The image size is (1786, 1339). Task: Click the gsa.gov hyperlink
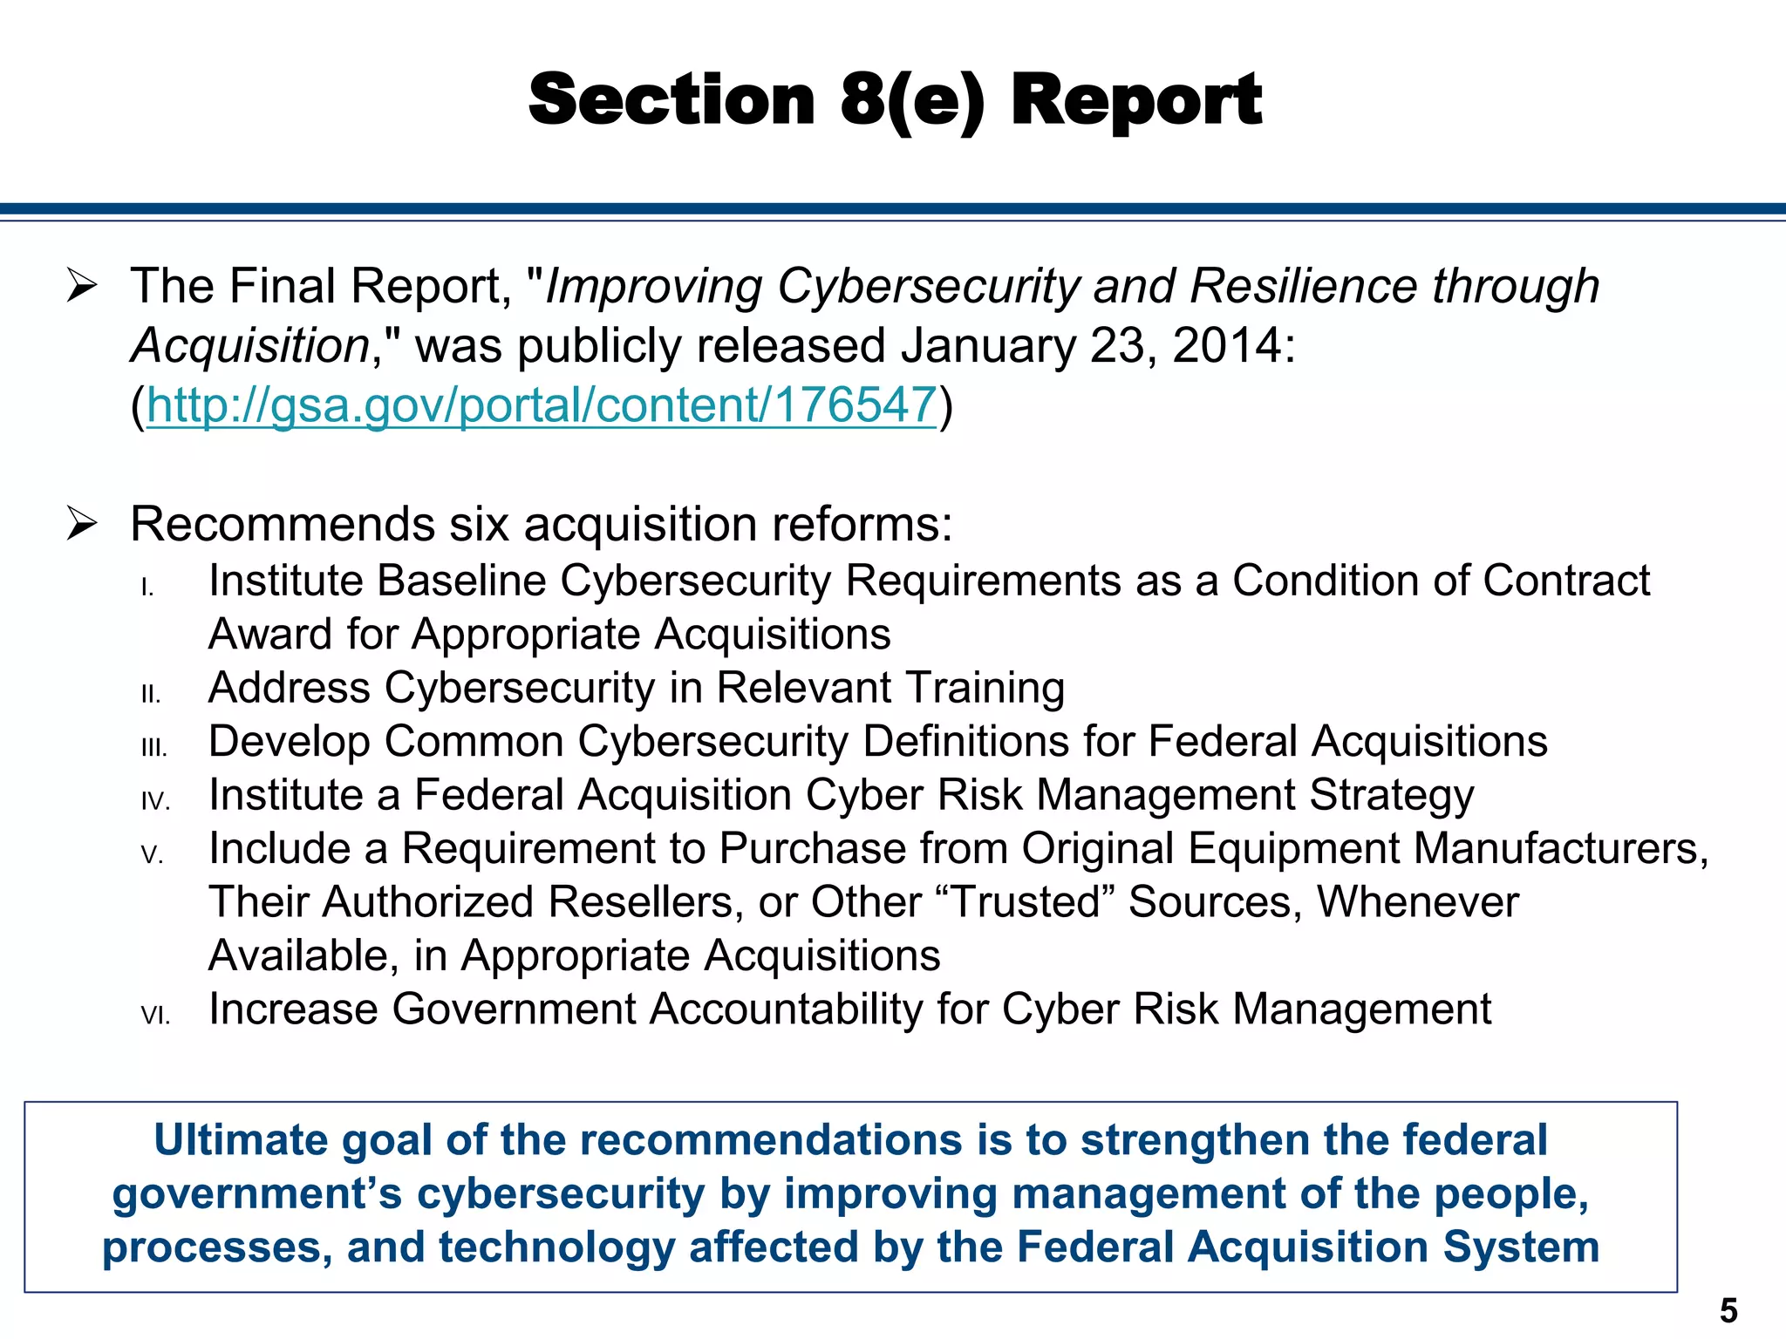[542, 405]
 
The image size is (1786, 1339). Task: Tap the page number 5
[1728, 1311]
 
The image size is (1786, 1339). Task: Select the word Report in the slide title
[1136, 99]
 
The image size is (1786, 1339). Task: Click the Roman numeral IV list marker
[155, 801]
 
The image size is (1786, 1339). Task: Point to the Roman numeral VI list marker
[155, 1016]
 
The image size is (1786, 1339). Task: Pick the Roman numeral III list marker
[153, 748]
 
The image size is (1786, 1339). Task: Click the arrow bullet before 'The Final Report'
[81, 286]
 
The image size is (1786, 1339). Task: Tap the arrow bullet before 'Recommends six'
[81, 524]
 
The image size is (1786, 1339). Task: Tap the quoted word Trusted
[1025, 902]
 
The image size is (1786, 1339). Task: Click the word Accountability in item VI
[786, 1009]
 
